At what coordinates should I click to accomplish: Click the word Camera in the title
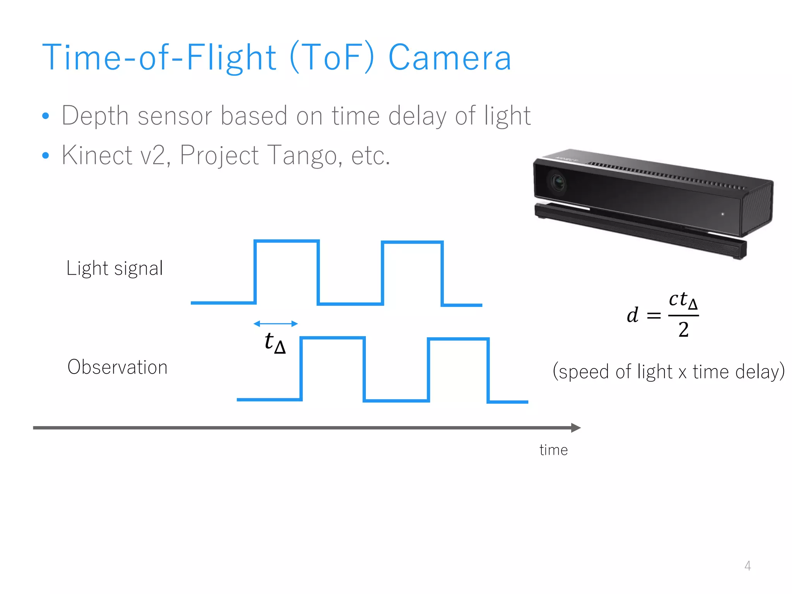[x=450, y=58]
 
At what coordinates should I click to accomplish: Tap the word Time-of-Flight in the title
[x=159, y=58]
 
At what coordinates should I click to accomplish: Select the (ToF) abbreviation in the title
[x=332, y=58]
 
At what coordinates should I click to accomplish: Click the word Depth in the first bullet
[x=95, y=116]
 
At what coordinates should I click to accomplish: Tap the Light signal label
[x=114, y=268]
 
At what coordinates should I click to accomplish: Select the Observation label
[x=118, y=367]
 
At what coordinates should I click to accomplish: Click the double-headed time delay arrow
[x=275, y=324]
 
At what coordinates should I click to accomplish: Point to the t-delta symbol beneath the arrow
[x=275, y=343]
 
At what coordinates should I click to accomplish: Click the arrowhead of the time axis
[x=576, y=428]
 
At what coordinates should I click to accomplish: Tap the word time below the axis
[x=553, y=450]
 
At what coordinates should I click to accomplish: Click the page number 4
[x=748, y=566]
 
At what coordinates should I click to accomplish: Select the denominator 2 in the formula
[x=683, y=330]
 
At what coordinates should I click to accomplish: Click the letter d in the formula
[x=633, y=315]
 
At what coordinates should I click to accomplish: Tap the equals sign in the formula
[x=654, y=316]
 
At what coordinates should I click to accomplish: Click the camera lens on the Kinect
[x=557, y=182]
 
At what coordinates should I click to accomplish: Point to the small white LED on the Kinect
[x=722, y=214]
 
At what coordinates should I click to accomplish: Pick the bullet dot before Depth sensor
[x=46, y=116]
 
